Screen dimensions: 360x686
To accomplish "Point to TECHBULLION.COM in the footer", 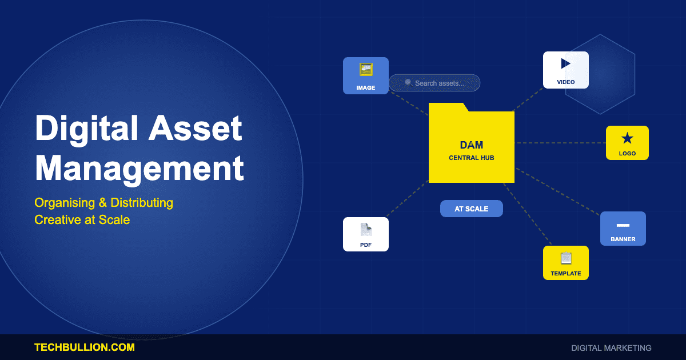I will (85, 347).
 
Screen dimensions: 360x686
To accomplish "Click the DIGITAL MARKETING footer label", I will (611, 347).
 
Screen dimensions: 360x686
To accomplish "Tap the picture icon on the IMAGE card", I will (366, 69).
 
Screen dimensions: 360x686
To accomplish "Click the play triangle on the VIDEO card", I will (566, 63).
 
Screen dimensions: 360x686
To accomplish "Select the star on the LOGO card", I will (627, 138).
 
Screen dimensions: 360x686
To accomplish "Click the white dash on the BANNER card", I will (623, 225).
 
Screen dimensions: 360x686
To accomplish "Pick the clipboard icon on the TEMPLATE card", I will (566, 258).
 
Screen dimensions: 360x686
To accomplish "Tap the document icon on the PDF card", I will (366, 230).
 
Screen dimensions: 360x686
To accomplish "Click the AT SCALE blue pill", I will (472, 209).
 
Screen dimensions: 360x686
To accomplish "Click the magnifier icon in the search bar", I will (408, 82).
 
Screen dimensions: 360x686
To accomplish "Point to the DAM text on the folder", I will (472, 145).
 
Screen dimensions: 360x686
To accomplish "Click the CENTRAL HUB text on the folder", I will (472, 158).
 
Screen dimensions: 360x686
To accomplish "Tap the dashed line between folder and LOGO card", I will (560, 143).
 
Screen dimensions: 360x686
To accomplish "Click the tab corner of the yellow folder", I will (464, 107).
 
